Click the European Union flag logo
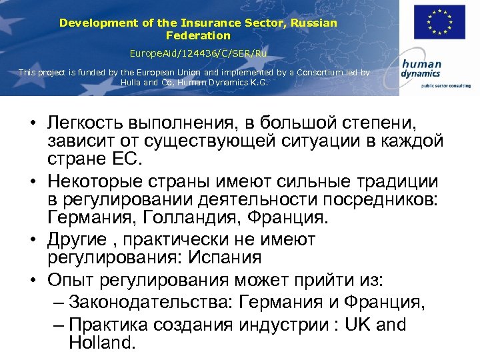[x=439, y=23]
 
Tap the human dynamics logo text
[x=421, y=69]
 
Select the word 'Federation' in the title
[x=198, y=35]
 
